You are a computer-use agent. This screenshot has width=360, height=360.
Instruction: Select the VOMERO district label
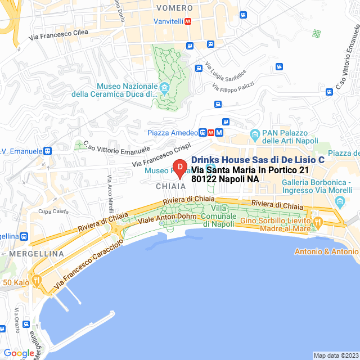tap(175, 8)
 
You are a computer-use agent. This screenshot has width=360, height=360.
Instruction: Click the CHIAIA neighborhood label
tap(170, 186)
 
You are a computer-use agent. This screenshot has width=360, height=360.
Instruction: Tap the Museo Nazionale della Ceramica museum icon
tap(165, 87)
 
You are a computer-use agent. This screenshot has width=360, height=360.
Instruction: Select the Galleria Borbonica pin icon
tap(339, 201)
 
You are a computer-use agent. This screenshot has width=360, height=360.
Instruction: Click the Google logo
tap(19, 353)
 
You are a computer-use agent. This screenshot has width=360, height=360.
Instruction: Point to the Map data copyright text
tap(335, 355)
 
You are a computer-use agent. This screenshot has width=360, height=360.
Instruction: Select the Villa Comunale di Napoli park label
tap(218, 216)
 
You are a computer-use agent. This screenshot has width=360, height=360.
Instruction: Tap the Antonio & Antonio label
tap(326, 251)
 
